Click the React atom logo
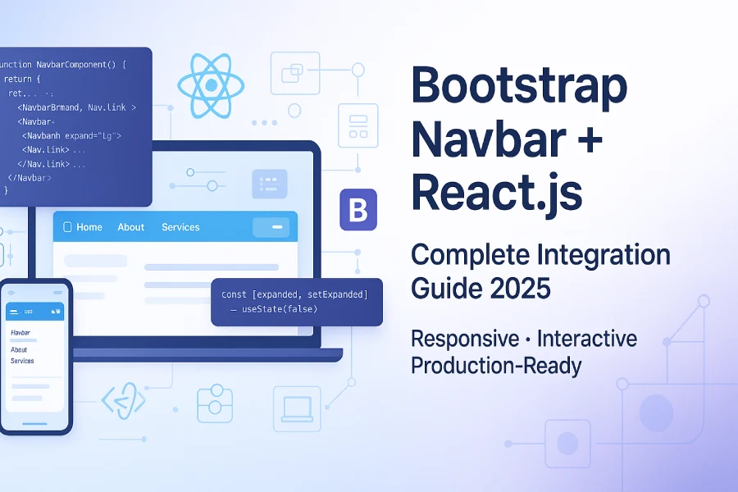tap(211, 84)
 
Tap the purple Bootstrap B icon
tap(358, 210)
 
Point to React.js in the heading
tap(496, 193)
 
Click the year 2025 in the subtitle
tap(517, 289)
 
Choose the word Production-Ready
tap(495, 365)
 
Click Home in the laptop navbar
tap(89, 227)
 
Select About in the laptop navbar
tap(131, 227)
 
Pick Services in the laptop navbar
tap(180, 227)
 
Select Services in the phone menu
tap(23, 361)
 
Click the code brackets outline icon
tap(123, 401)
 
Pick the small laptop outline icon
tap(296, 408)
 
